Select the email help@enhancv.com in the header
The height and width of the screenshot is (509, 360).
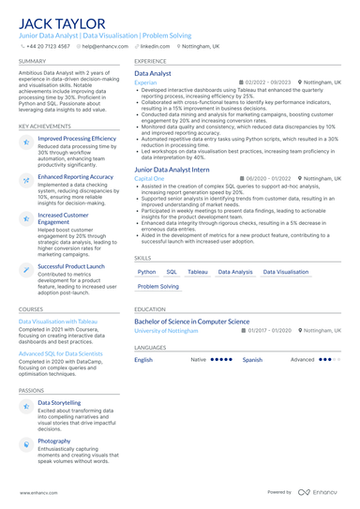point(105,45)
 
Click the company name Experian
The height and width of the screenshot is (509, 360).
point(145,82)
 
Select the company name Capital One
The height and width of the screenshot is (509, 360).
point(150,177)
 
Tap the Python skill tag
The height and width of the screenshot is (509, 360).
point(146,272)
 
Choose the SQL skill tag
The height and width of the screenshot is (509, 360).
point(172,272)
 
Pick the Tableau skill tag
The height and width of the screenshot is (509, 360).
point(198,272)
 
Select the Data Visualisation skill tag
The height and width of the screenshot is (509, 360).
point(285,272)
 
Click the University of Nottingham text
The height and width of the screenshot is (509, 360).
point(167,331)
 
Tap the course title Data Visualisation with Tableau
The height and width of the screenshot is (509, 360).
point(57,321)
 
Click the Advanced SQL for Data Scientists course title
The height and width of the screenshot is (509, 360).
point(60,353)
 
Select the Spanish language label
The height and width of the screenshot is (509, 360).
point(252,359)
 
